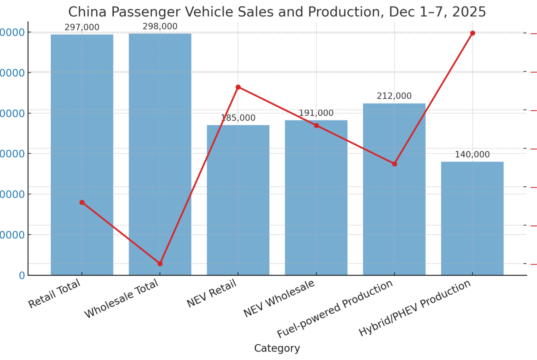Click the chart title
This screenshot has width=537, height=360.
pyautogui.click(x=277, y=11)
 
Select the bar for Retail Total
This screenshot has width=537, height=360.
pyautogui.click(x=82, y=155)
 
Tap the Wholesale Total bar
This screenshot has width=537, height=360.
pyautogui.click(x=160, y=154)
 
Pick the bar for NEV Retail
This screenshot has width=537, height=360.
pyautogui.click(x=238, y=200)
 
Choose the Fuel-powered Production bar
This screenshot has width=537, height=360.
pyautogui.click(x=394, y=189)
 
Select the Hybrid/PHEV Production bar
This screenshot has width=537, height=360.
pyautogui.click(x=472, y=218)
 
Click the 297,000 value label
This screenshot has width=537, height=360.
pyautogui.click(x=82, y=27)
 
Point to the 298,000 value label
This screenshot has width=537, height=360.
pyautogui.click(x=160, y=26)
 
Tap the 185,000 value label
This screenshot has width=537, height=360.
pyautogui.click(x=238, y=117)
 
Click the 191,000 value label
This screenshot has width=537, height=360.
pyautogui.click(x=316, y=113)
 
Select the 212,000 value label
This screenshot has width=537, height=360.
pyautogui.click(x=394, y=96)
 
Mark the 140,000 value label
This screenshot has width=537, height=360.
pyautogui.click(x=472, y=154)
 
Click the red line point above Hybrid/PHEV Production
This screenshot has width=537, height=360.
pyautogui.click(x=472, y=33)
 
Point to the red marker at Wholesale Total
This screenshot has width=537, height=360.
pyautogui.click(x=160, y=264)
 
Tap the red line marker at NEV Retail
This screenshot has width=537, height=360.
pyautogui.click(x=238, y=87)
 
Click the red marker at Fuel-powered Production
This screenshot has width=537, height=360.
pyautogui.click(x=394, y=164)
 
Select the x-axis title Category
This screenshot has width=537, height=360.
pyautogui.click(x=277, y=348)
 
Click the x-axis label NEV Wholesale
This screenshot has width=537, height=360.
pyautogui.click(x=281, y=299)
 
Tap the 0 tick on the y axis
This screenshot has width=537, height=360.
pyautogui.click(x=21, y=275)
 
